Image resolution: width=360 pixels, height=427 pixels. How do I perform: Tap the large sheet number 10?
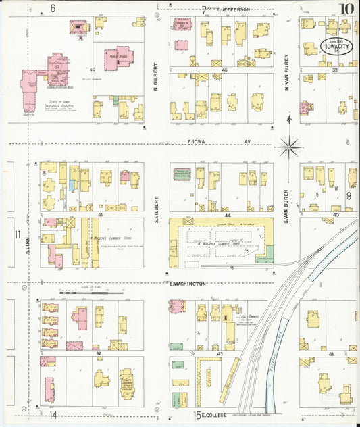point(347,9)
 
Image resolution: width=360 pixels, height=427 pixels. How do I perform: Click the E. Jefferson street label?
point(233,9)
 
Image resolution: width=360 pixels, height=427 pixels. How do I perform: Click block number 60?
point(92,69)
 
